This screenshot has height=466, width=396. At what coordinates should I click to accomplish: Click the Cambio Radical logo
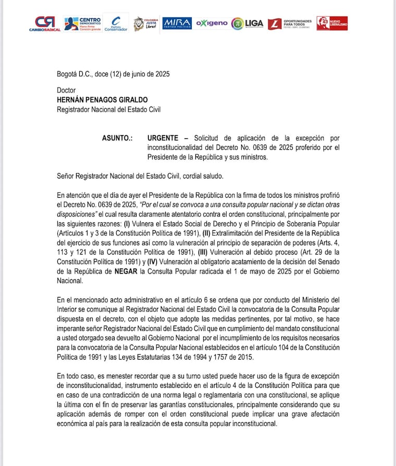pos(44,23)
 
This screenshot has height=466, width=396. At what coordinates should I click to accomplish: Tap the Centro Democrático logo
pos(82,23)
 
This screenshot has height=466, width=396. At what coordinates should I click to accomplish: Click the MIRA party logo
pos(177,23)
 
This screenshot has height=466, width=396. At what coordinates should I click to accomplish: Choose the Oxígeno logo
pos(212,23)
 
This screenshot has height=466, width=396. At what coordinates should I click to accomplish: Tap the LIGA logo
pos(247,23)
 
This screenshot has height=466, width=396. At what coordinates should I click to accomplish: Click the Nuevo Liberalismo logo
pos(332,23)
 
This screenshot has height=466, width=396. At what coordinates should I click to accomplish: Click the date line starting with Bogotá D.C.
pos(113,74)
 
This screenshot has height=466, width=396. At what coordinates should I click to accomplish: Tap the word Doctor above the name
pos(67,90)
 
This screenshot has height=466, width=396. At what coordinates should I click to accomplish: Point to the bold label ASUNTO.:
pos(117,138)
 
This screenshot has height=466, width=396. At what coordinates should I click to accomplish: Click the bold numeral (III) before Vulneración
pos(200,252)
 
